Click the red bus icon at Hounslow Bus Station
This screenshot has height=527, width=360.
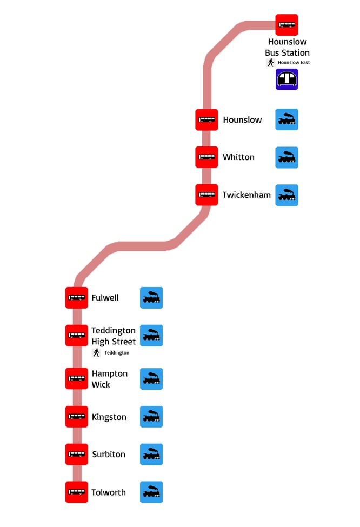point(286,25)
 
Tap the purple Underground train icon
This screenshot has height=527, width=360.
point(286,79)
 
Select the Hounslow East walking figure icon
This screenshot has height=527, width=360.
point(270,63)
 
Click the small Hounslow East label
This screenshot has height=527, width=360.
point(294,63)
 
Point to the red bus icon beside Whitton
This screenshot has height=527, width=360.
point(206,157)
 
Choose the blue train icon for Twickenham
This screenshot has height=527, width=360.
point(286,195)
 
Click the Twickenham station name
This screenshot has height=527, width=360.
point(246,195)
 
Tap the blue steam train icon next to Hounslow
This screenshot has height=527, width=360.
point(286,119)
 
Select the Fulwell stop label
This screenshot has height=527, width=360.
point(105,298)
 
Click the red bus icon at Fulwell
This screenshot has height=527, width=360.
point(77,298)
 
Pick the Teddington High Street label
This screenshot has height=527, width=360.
point(114,336)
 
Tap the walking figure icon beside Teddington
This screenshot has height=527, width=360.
point(97,352)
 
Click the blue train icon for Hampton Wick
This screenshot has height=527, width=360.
point(151,379)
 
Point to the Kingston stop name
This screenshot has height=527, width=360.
point(109,417)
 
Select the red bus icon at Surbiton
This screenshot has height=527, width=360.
point(77,455)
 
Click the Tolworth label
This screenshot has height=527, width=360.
point(108,492)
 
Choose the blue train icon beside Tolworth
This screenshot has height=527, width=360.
point(151,492)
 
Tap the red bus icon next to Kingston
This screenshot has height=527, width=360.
point(77,417)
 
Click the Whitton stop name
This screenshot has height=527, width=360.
point(238,157)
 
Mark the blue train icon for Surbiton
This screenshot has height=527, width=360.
point(151,455)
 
